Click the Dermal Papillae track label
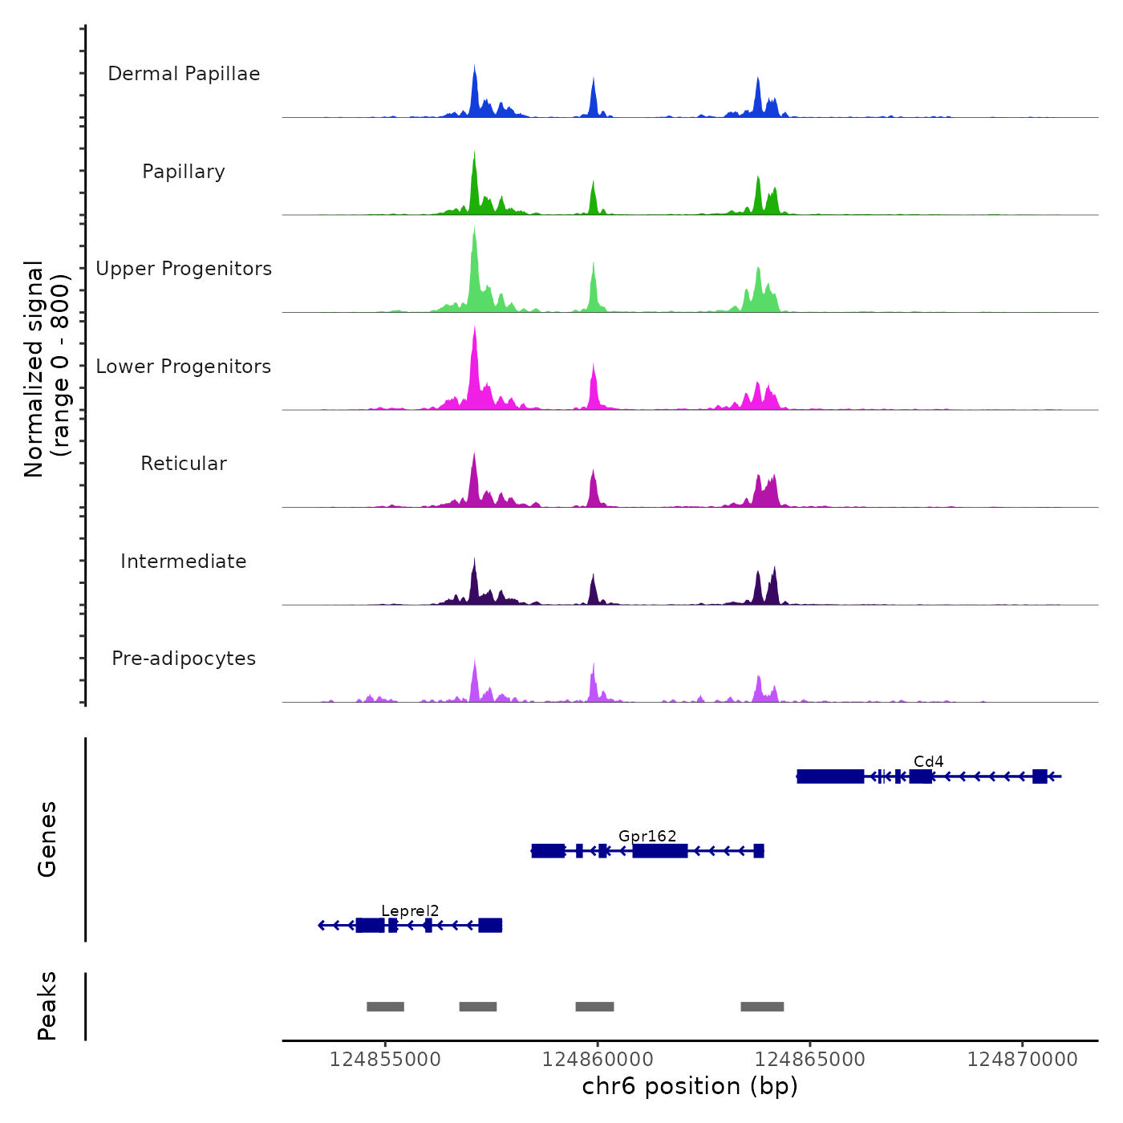point(184,74)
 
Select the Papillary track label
point(184,172)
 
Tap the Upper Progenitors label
point(184,269)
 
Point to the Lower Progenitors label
point(184,367)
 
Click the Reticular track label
point(184,464)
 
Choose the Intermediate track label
point(184,561)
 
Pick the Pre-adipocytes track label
point(184,659)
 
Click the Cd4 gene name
point(928,761)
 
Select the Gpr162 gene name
point(647,836)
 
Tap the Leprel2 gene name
point(410,910)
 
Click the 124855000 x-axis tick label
point(385,1060)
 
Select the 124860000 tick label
point(598,1060)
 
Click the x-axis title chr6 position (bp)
point(690,1086)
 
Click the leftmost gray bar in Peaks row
point(385,1007)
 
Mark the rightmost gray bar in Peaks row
point(762,1007)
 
